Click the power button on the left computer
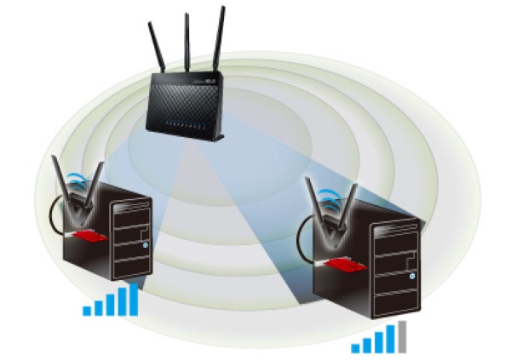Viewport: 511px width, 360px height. point(146,247)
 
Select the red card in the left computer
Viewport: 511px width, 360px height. point(87,235)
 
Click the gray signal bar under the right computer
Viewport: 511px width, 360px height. point(401,336)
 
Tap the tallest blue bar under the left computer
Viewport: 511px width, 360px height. point(133,298)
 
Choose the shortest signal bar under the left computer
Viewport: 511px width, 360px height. point(87,311)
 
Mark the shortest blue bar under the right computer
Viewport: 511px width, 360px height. point(356,347)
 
